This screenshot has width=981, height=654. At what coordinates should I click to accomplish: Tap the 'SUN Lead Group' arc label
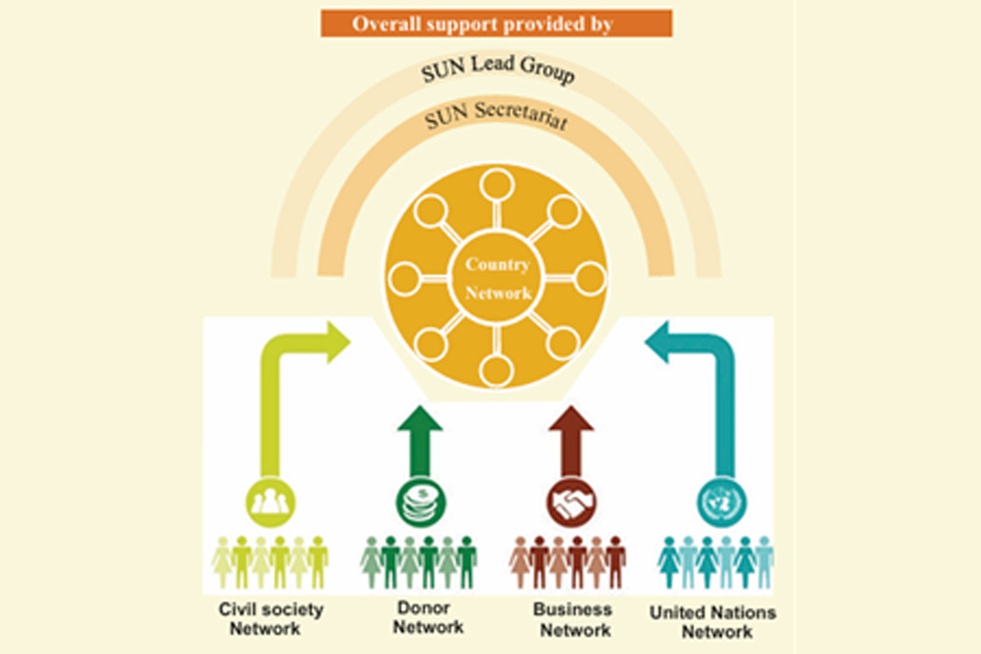point(498,69)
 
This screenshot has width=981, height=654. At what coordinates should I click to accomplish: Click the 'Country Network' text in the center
point(498,278)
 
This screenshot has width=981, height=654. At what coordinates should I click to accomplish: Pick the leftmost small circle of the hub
point(404,278)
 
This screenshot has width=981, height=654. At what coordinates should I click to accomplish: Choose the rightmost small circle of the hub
point(590,278)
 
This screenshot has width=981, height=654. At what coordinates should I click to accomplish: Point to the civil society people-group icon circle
point(270,503)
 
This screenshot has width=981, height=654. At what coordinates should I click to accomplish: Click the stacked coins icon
point(421,503)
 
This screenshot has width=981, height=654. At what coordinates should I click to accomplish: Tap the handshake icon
point(571,503)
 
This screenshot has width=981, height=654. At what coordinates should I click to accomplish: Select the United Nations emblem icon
point(721,503)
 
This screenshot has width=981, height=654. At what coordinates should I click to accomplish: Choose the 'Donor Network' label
point(426,617)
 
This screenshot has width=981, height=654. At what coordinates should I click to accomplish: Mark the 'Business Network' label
point(574,619)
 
